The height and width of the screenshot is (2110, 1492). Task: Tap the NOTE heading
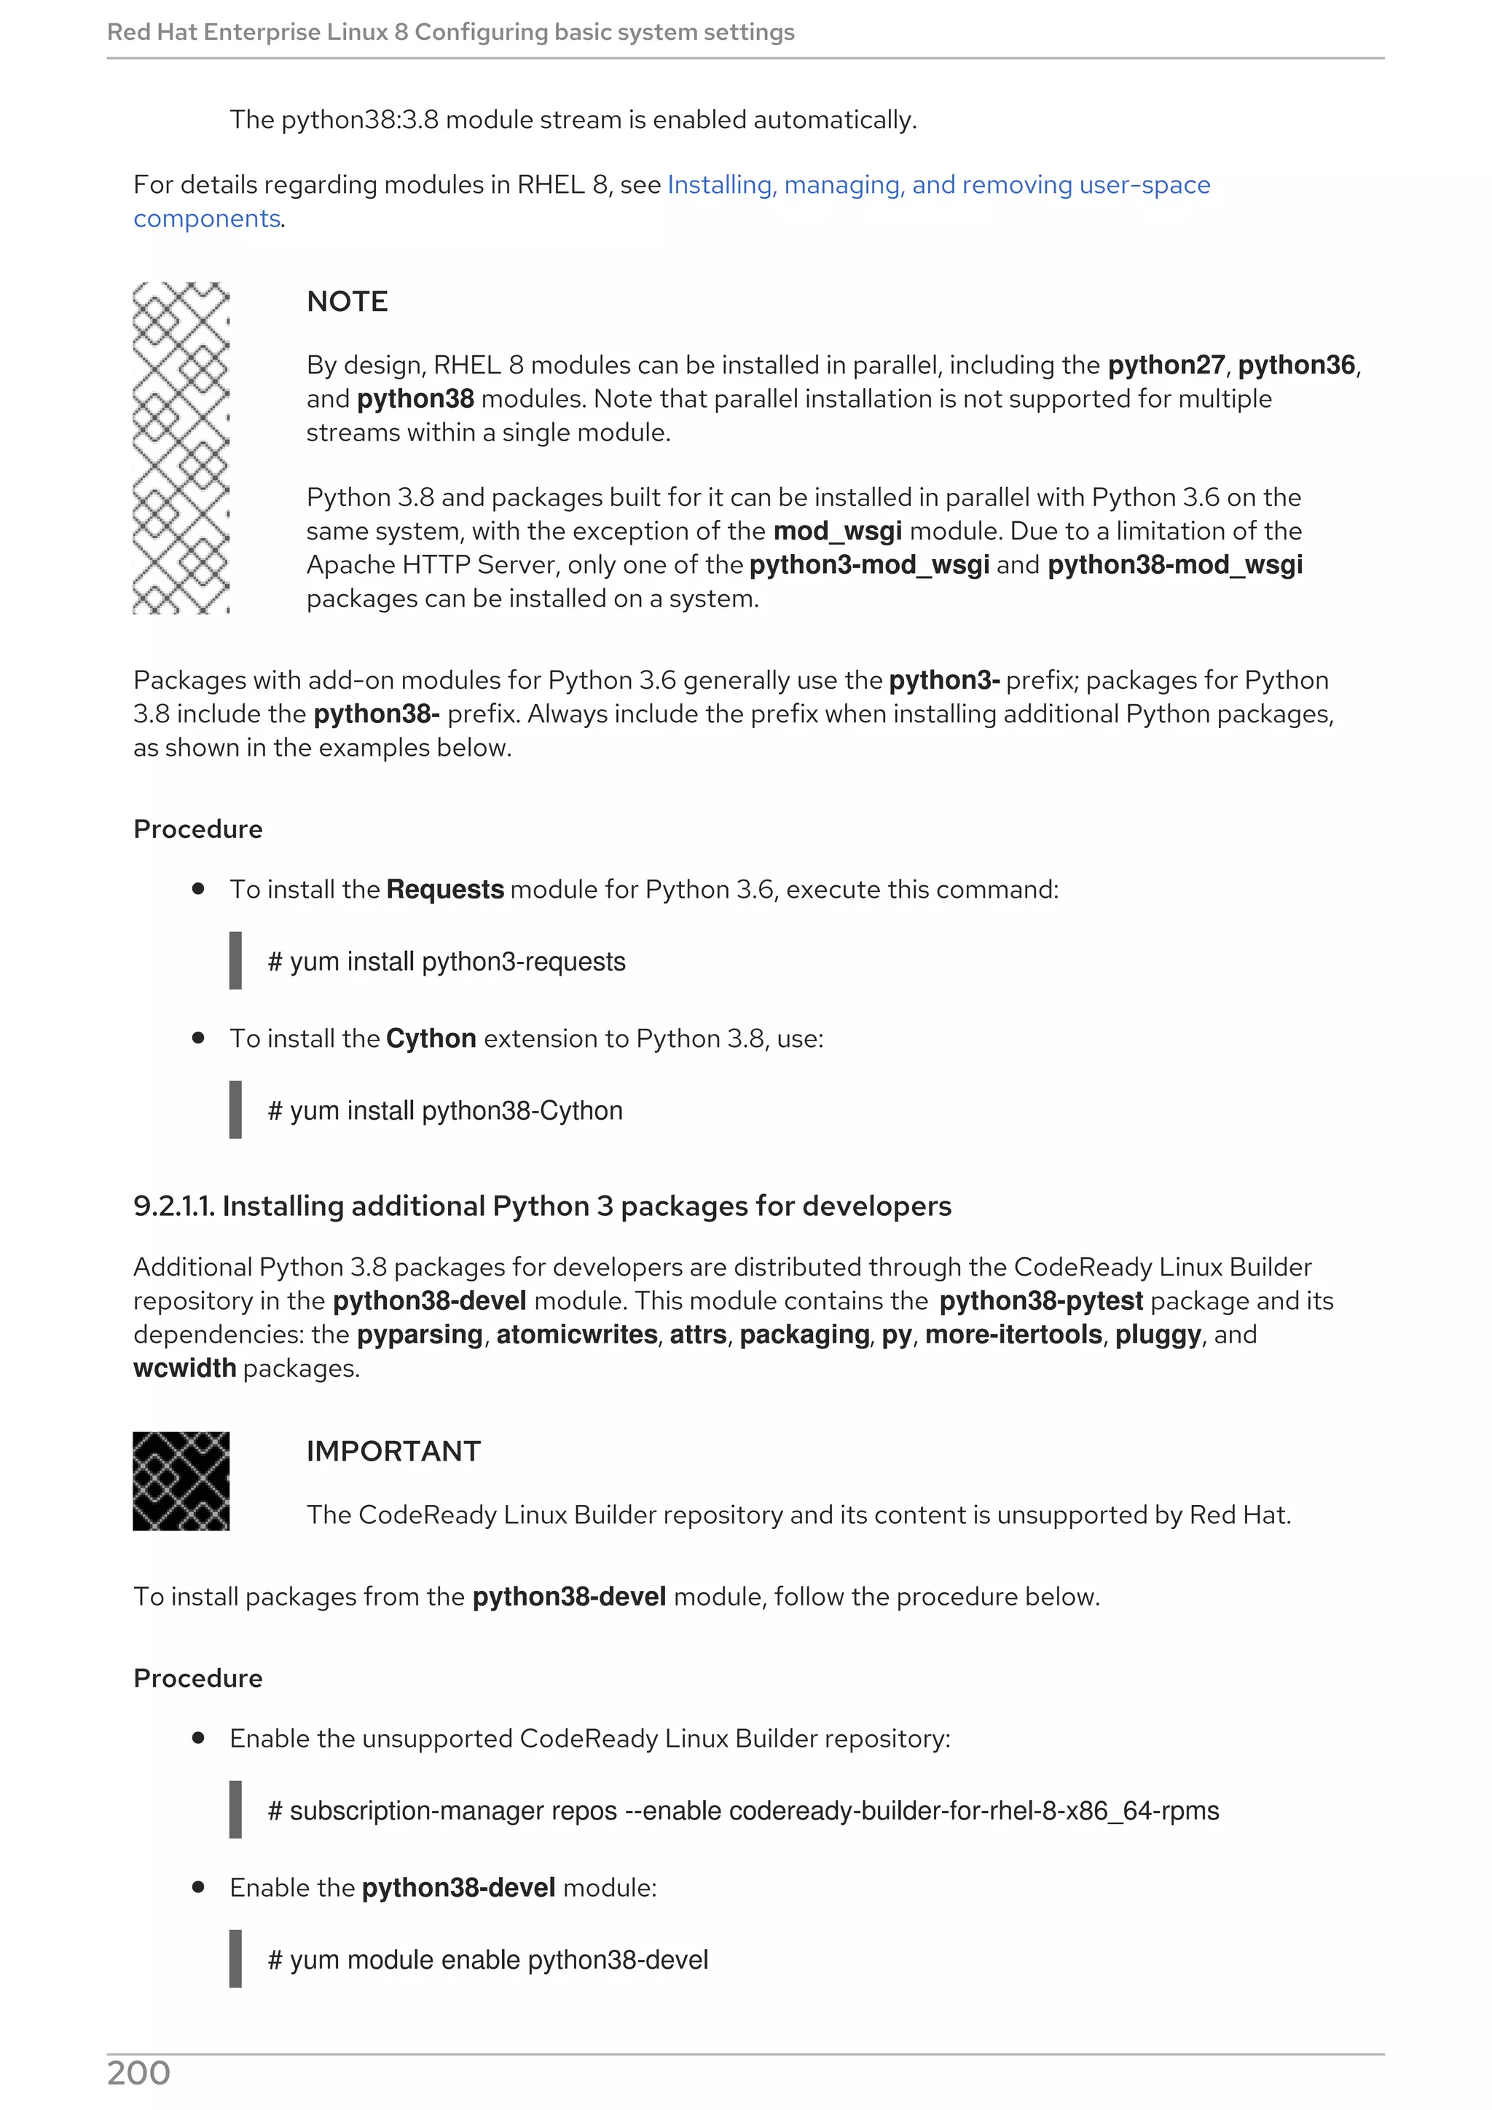pos(347,301)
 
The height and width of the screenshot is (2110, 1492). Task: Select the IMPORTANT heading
pos(393,1451)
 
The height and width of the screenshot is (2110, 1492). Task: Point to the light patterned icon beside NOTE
pos(181,448)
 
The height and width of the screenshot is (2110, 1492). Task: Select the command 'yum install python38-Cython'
pos(445,1110)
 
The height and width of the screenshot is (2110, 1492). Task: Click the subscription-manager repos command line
pos(743,1811)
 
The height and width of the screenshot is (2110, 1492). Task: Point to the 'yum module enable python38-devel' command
pos(488,1959)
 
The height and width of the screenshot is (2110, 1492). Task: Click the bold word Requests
pos(445,890)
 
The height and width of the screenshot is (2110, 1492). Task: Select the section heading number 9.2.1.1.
pos(173,1206)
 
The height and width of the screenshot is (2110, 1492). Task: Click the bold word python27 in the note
pos(1166,366)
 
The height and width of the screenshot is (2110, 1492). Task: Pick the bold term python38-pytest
pos(1040,1301)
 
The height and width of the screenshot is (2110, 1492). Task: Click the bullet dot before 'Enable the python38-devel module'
pos(197,1886)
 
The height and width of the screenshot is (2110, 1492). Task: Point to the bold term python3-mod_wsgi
pos(868,564)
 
